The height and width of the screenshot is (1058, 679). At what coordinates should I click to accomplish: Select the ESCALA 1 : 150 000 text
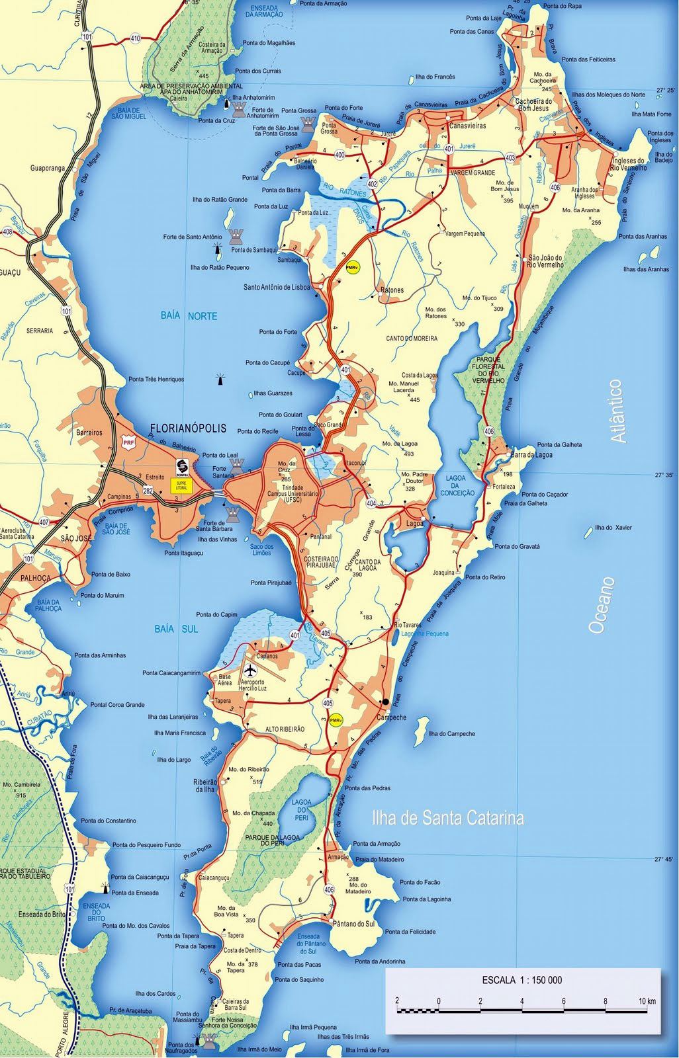pyautogui.click(x=522, y=979)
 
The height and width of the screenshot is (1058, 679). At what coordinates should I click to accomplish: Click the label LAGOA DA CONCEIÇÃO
pyautogui.click(x=456, y=485)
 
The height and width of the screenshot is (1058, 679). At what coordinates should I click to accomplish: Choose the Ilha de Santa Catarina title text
pyautogui.click(x=448, y=819)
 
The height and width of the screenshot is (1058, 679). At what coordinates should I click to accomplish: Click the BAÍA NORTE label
pyautogui.click(x=189, y=316)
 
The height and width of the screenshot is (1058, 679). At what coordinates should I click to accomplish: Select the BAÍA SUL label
pyautogui.click(x=176, y=629)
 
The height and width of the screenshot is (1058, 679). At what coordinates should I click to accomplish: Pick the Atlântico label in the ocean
pyautogui.click(x=617, y=411)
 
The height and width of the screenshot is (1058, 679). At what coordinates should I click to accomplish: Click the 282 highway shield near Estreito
pyautogui.click(x=148, y=490)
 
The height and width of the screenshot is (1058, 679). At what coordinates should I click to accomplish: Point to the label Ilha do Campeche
pyautogui.click(x=451, y=733)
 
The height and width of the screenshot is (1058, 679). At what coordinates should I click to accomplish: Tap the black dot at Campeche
pyautogui.click(x=385, y=702)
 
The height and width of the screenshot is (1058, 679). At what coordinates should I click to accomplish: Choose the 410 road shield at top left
pyautogui.click(x=136, y=38)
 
